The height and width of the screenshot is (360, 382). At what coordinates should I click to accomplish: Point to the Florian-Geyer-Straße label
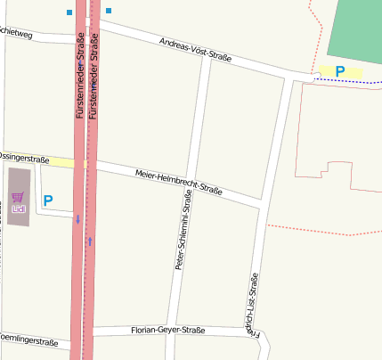coord(167,331)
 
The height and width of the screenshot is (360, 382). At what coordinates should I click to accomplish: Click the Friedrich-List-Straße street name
coord(251,307)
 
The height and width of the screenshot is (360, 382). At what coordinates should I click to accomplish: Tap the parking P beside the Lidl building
coord(48,201)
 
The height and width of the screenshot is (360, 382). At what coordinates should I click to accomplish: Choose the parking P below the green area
coord(339,70)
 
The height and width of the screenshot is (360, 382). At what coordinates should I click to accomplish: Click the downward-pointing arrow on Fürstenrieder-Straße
coord(77,218)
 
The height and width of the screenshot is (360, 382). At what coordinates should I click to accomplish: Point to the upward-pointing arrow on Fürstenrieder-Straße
coord(90,241)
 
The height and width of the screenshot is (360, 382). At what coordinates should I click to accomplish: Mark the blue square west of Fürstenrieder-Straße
coord(69,12)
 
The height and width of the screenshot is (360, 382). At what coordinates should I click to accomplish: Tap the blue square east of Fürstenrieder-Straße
coord(109,11)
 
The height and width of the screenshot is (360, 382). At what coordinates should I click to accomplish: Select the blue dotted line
coord(347,80)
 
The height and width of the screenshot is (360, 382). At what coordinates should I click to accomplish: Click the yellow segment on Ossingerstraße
coord(62,161)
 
